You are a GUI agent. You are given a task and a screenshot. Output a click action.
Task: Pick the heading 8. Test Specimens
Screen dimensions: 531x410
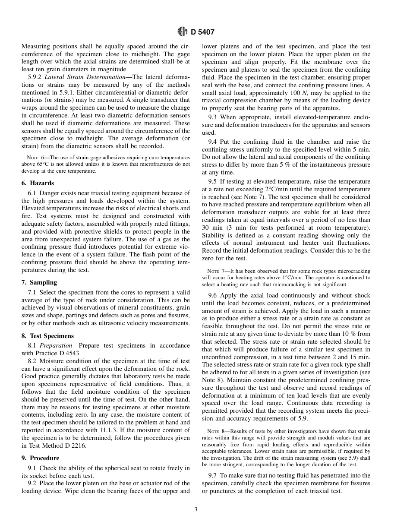coord(47,336)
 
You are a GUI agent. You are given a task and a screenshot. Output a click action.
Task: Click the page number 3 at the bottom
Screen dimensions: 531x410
coord(196,509)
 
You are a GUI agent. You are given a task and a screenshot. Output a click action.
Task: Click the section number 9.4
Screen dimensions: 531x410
coord(212,142)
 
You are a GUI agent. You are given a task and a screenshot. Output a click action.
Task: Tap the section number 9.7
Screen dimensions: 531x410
coord(212,475)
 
